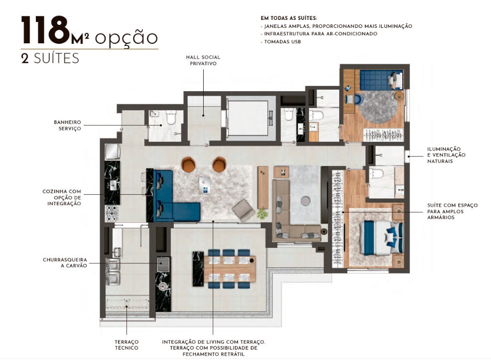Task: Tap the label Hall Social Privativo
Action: tap(203, 60)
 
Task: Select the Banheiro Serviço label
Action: tap(67, 125)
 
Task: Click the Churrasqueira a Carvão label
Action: tap(65, 262)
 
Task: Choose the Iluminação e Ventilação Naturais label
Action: tap(447, 155)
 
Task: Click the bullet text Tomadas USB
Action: tap(280, 42)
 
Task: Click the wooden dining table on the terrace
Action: tap(230, 269)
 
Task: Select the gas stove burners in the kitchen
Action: tap(112, 213)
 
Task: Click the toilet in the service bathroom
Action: tap(171, 118)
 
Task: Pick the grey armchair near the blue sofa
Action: tap(244, 210)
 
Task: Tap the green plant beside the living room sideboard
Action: tap(262, 214)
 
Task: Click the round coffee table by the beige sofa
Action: tap(305, 200)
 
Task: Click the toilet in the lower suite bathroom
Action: tap(376, 174)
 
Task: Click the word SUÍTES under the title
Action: tap(56, 58)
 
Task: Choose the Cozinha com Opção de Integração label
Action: tap(62, 197)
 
